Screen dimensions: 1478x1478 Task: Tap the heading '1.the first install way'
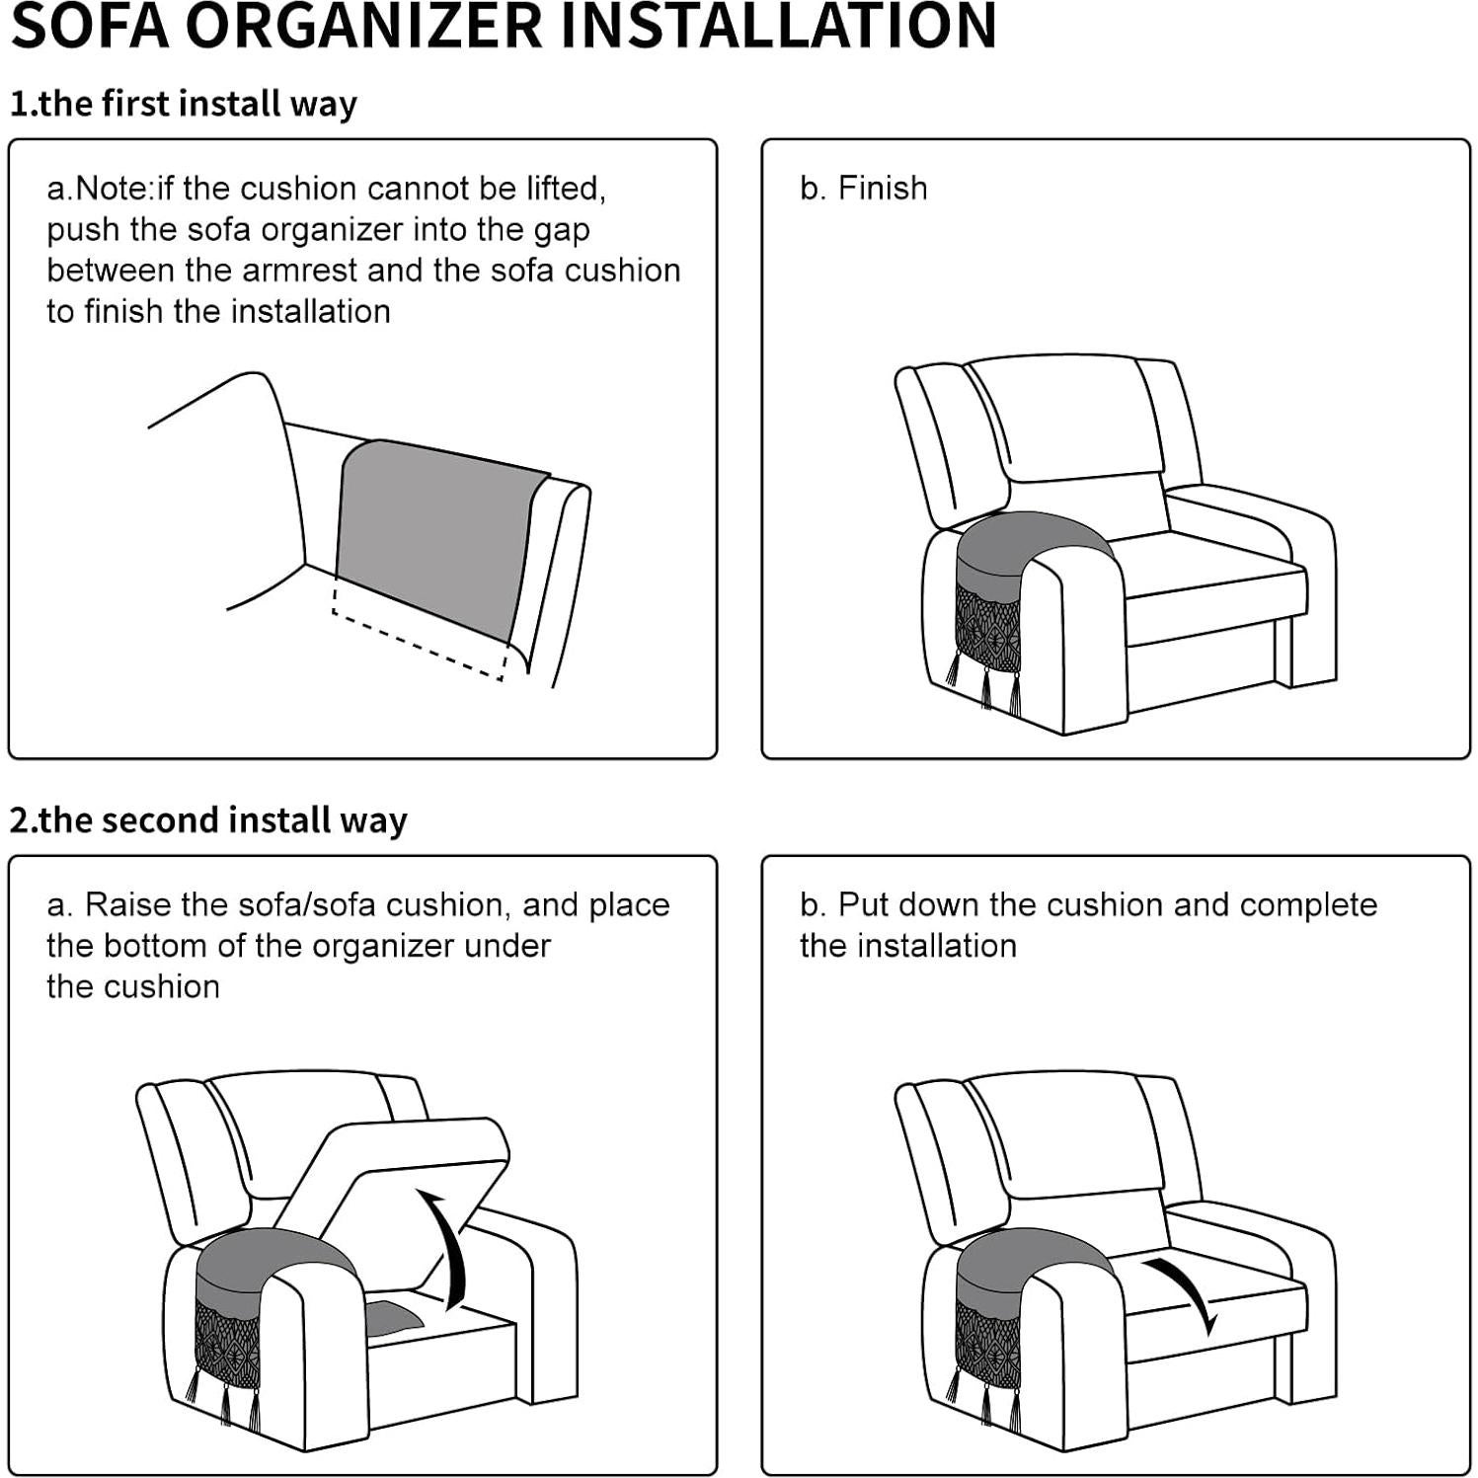(184, 104)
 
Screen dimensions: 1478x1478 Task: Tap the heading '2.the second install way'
(208, 820)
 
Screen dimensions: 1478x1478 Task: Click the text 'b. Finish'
(864, 189)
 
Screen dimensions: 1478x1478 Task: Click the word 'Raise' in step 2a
(121, 905)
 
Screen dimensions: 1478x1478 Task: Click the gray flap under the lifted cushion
(393, 1319)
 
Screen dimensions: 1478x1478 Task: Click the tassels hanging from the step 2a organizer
(225, 1402)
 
